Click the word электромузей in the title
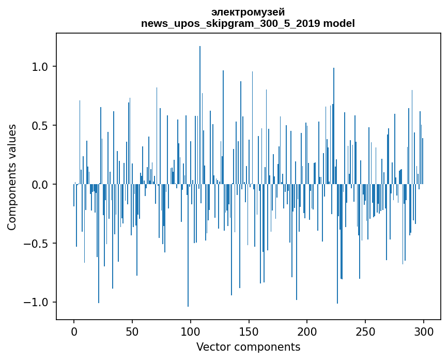click(x=248, y=12)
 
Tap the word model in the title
click(x=339, y=23)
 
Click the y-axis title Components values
click(x=12, y=177)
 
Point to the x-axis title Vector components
click(x=248, y=347)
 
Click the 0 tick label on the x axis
click(x=74, y=331)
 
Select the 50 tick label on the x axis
click(x=132, y=331)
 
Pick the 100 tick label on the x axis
click(x=190, y=331)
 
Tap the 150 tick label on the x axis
click(x=249, y=331)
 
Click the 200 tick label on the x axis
click(x=307, y=331)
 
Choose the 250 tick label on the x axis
click(x=365, y=331)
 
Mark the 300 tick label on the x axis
click(x=424, y=331)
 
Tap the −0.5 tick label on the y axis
click(x=37, y=244)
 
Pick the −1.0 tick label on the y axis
click(x=37, y=303)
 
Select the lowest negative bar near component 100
click(x=188, y=259)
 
